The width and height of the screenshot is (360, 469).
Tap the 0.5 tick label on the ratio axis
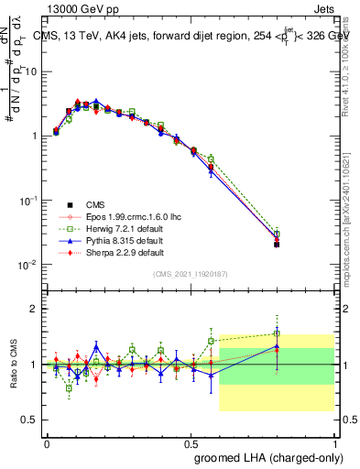pos(30,420)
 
